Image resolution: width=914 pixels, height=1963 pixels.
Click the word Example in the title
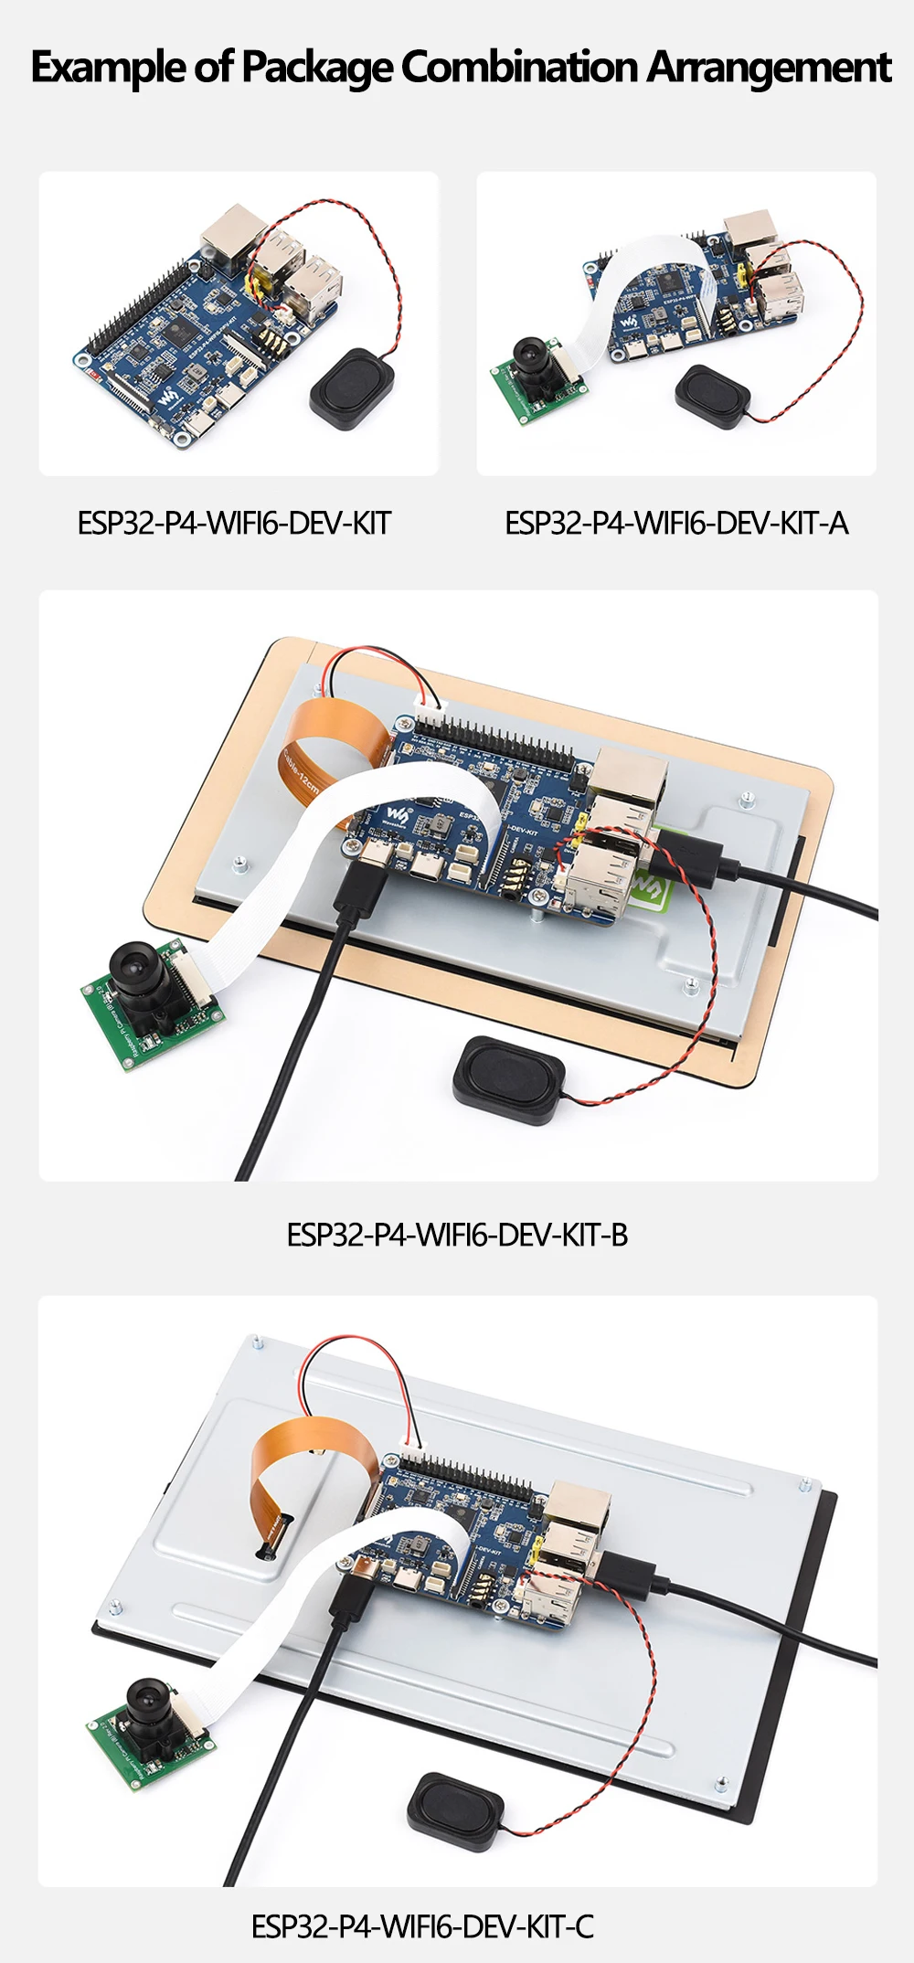point(105,68)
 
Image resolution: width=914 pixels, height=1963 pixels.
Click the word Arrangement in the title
point(769,68)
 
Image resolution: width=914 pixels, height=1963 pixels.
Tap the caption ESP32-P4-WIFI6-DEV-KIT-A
point(676,524)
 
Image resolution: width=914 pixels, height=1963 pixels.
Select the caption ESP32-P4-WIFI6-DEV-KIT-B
point(457,1235)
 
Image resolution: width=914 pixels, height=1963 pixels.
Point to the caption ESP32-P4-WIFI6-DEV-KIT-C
point(422,1926)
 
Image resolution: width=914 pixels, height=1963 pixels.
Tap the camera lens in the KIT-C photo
point(145,1698)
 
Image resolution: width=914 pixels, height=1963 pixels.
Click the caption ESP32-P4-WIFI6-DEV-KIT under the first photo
point(234,524)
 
